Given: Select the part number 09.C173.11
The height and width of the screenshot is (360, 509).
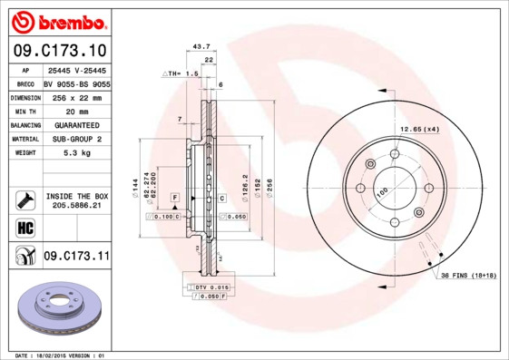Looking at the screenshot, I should [x=76, y=258].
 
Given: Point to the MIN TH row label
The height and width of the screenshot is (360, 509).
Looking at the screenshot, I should [x=24, y=110].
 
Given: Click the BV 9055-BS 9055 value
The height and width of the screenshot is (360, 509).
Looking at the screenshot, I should [x=76, y=82].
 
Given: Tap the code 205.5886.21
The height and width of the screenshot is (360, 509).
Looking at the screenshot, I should [x=75, y=206].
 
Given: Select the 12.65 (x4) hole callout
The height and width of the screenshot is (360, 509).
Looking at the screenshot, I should [x=420, y=130].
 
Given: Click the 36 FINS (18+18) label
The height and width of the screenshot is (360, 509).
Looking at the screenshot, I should [x=468, y=274].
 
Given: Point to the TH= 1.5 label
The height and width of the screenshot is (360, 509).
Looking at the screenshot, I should [x=181, y=73].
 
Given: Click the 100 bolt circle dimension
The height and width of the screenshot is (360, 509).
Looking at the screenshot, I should [x=382, y=191].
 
